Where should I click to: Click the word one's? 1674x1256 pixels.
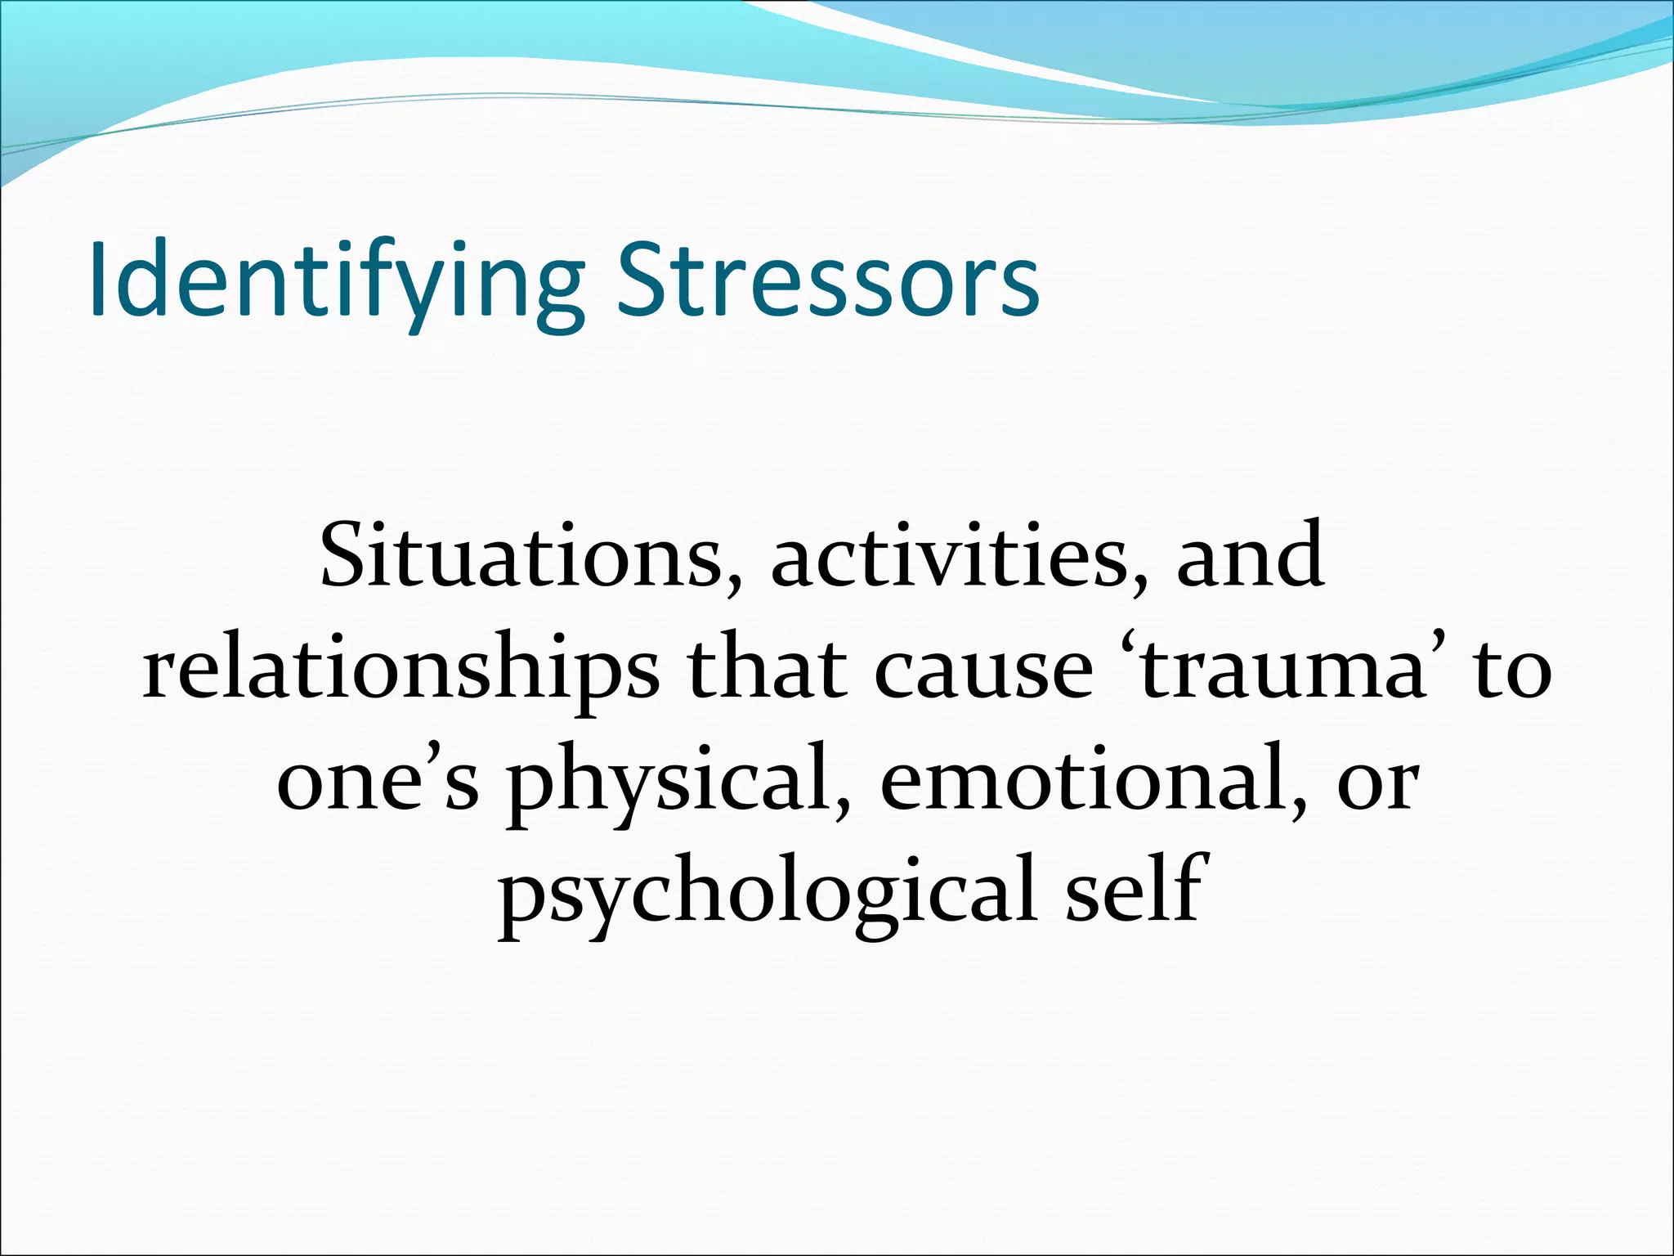pos(378,783)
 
